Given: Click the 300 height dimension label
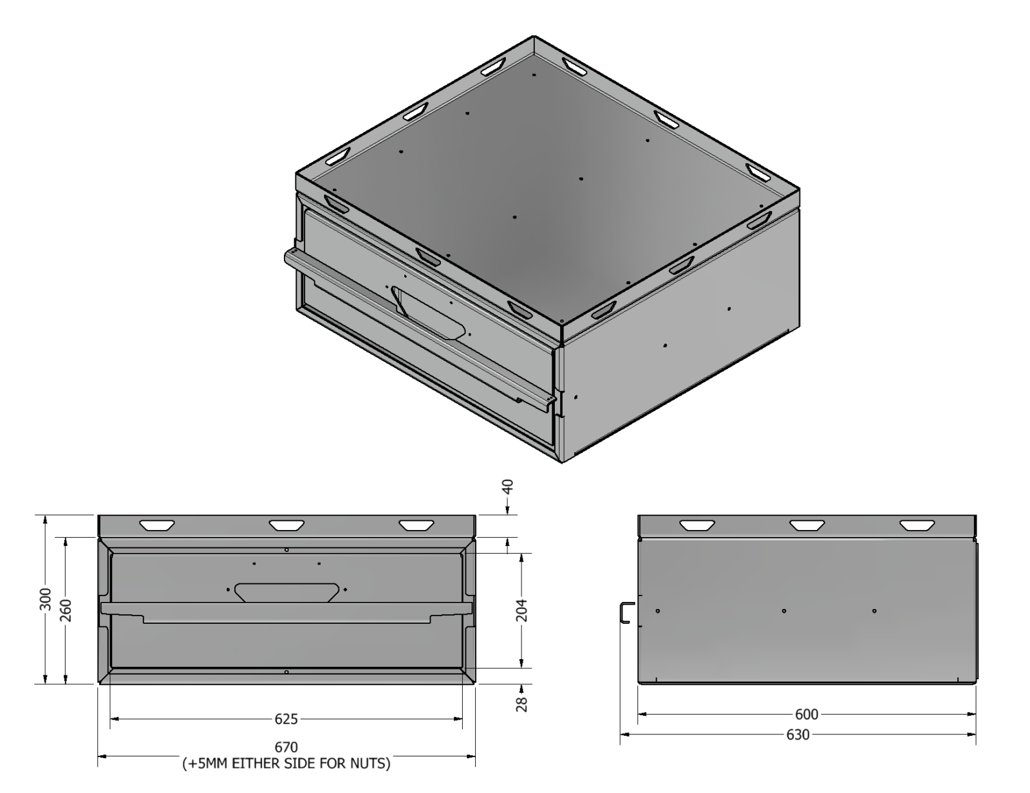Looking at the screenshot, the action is (x=46, y=599).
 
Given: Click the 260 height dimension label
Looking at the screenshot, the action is (x=66, y=610).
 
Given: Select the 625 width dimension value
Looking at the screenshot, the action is (x=286, y=719).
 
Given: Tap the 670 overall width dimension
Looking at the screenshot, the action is (x=286, y=747).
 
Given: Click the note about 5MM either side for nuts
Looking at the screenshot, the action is (x=286, y=763).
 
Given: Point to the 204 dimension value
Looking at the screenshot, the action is (x=521, y=610).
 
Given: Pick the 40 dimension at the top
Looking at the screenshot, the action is (x=508, y=487).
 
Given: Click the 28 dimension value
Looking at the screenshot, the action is (x=521, y=704).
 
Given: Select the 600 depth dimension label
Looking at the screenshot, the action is (x=806, y=714).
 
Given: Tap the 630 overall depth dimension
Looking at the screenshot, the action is (x=798, y=734).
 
